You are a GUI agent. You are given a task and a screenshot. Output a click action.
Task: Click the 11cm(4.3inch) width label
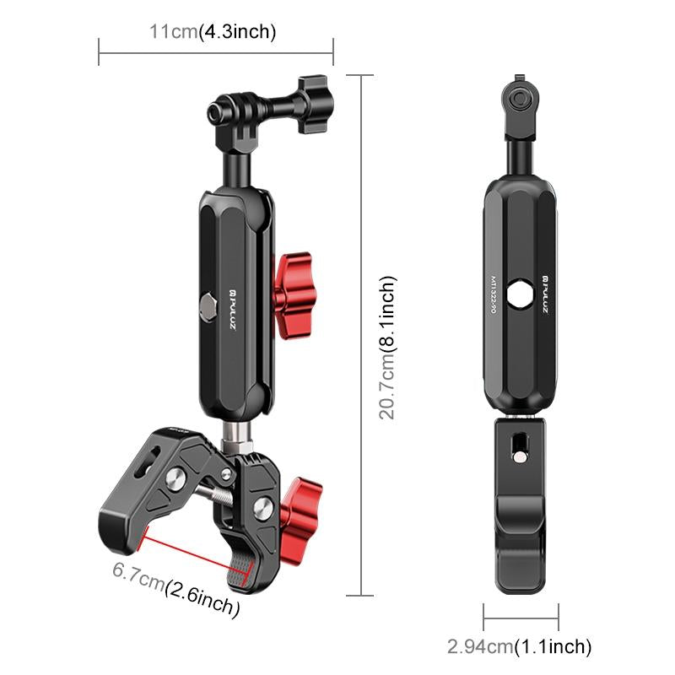[x=213, y=33]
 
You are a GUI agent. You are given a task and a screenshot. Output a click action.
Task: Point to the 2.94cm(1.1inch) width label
[x=519, y=647]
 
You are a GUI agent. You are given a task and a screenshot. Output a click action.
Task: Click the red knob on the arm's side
[x=292, y=292]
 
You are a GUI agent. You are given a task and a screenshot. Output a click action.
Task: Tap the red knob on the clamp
[x=301, y=504]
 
